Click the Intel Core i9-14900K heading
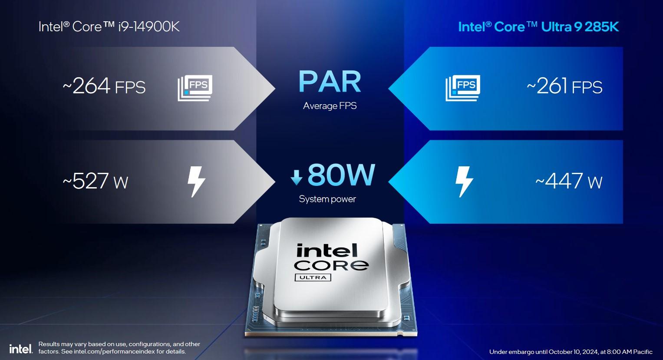click(x=109, y=26)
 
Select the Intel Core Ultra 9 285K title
click(x=538, y=26)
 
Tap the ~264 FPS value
click(x=104, y=86)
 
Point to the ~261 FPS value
click(x=564, y=86)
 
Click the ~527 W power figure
click(x=96, y=181)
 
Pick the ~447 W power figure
click(x=569, y=181)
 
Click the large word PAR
click(x=330, y=81)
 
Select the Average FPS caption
click(x=330, y=106)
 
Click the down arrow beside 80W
click(x=296, y=177)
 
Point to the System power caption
click(x=327, y=199)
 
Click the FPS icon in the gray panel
click(x=195, y=88)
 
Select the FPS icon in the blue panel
click(x=463, y=88)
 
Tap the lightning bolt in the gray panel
click(x=196, y=182)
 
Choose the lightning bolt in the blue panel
click(x=464, y=182)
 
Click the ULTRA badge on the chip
click(x=313, y=277)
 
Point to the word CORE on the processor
click(x=331, y=265)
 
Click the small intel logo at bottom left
click(x=21, y=349)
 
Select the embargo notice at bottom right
click(x=571, y=352)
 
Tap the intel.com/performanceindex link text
click(x=114, y=352)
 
